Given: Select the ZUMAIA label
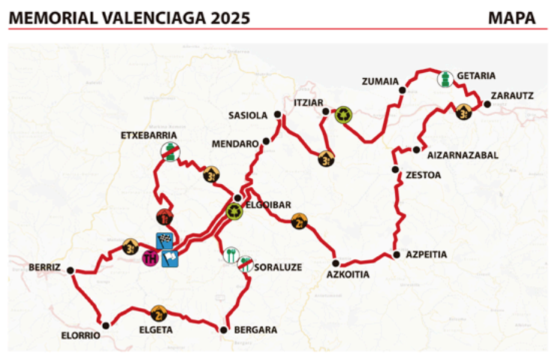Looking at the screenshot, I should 379,82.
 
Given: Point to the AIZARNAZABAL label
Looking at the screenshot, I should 462,155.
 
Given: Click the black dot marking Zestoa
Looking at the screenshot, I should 395,171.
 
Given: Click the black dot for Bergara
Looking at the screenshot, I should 223,329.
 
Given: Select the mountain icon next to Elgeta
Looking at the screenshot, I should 158,313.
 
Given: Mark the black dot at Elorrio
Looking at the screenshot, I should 106,325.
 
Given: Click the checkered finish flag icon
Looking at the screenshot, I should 164,241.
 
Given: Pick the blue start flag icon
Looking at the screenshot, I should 170,259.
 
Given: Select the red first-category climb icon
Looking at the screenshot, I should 163,218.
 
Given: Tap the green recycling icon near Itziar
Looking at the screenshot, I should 343,114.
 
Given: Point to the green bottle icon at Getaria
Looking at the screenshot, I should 446,79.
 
